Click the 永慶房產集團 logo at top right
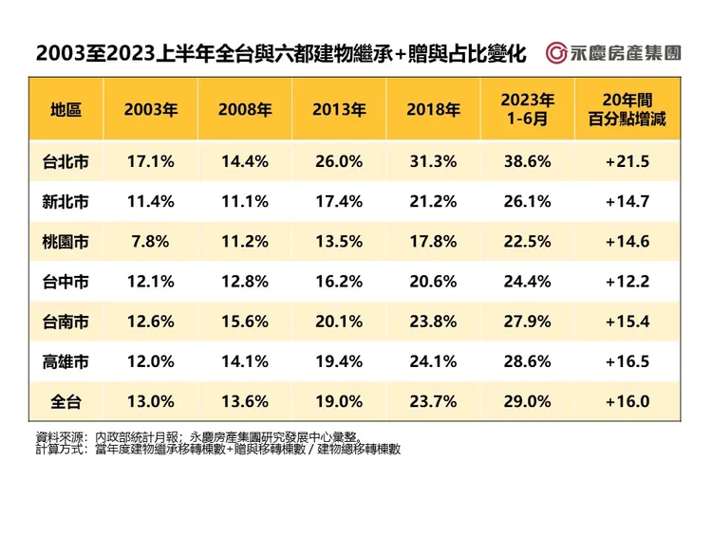click(x=614, y=52)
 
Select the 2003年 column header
click(x=150, y=109)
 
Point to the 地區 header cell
click(x=66, y=109)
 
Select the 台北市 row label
click(x=66, y=161)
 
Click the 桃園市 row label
click(x=66, y=241)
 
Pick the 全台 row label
click(x=66, y=401)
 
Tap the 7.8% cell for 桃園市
click(x=150, y=241)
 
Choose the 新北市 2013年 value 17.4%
click(x=339, y=201)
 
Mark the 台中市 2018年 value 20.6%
click(x=434, y=282)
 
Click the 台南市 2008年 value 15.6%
click(x=244, y=322)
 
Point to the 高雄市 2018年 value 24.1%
click(x=434, y=361)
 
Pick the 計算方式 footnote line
click(x=217, y=449)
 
